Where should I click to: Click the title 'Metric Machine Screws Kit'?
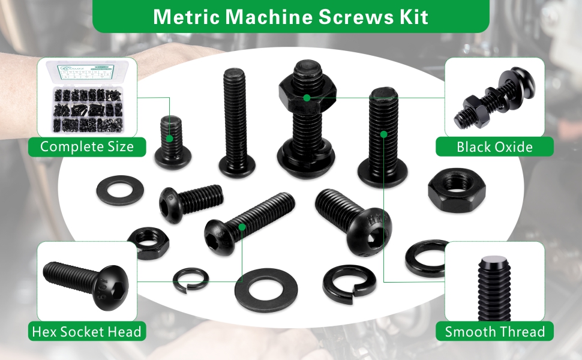290,16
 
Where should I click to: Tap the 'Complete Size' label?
87,146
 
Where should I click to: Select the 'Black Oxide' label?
494,146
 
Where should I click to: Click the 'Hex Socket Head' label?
87,331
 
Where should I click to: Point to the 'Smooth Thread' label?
494,331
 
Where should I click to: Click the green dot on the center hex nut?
307,97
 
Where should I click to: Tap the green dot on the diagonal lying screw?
242,226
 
